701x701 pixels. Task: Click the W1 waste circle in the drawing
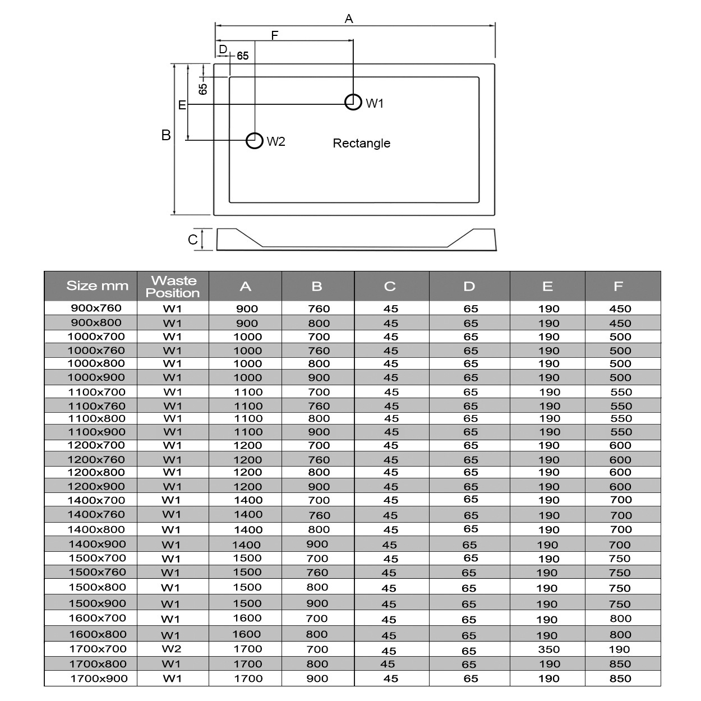(x=353, y=102)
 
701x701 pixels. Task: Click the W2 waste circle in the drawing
(x=255, y=140)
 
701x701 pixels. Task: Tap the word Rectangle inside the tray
(x=361, y=143)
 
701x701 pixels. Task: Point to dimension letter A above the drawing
(x=349, y=19)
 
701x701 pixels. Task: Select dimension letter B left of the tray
(x=166, y=135)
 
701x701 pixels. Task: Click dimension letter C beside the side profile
(x=193, y=240)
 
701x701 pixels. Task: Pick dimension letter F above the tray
(x=275, y=36)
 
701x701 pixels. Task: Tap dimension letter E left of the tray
(x=182, y=105)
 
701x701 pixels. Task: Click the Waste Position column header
(x=173, y=287)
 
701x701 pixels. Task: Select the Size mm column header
(x=97, y=286)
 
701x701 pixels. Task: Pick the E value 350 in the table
(x=548, y=649)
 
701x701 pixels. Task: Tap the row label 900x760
(x=96, y=308)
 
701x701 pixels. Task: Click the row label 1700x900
(x=99, y=679)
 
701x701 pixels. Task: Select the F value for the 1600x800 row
(x=620, y=635)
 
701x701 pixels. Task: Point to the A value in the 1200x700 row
(x=247, y=445)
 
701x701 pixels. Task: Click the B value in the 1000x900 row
(x=319, y=377)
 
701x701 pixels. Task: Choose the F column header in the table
(x=618, y=287)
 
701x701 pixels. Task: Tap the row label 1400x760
(x=97, y=514)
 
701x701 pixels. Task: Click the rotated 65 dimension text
(x=203, y=88)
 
